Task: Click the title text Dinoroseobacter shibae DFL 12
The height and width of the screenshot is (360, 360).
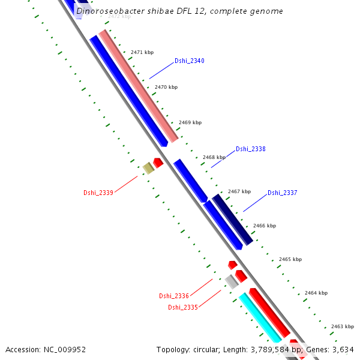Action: [179, 11]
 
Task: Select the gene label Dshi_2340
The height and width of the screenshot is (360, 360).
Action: [189, 61]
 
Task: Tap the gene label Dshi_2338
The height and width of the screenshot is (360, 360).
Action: [250, 149]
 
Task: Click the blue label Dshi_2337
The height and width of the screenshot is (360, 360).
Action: [282, 193]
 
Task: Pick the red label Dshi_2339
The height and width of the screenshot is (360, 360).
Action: [98, 193]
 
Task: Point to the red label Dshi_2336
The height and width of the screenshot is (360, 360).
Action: [174, 296]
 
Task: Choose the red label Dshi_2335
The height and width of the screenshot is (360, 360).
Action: [182, 307]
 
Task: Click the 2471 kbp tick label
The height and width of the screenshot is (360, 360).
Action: [142, 53]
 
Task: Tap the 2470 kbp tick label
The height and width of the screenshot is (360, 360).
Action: [166, 88]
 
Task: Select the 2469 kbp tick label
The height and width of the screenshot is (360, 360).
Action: [190, 122]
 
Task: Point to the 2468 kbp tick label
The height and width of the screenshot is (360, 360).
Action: [214, 157]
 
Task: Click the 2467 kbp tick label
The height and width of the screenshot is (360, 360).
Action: [239, 191]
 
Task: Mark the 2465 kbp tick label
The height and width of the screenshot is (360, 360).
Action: [290, 259]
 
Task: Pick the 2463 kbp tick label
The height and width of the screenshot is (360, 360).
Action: [342, 326]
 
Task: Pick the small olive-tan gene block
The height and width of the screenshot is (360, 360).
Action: [148, 168]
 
